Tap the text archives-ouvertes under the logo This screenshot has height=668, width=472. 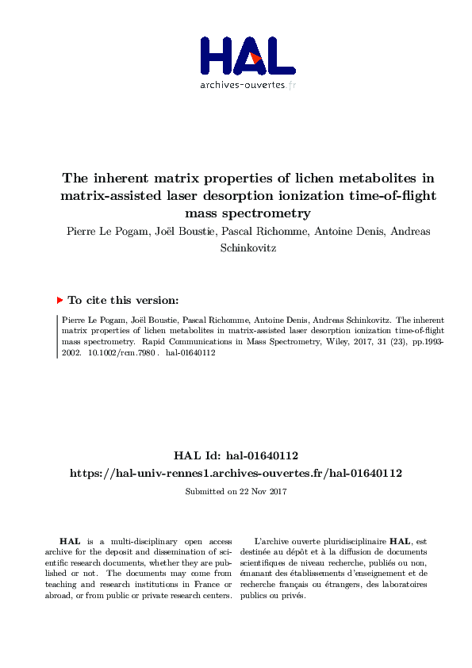242,85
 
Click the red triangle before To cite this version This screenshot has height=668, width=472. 59,300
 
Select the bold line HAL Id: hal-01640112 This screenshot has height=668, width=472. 236,455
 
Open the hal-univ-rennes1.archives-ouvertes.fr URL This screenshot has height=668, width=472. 236,473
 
